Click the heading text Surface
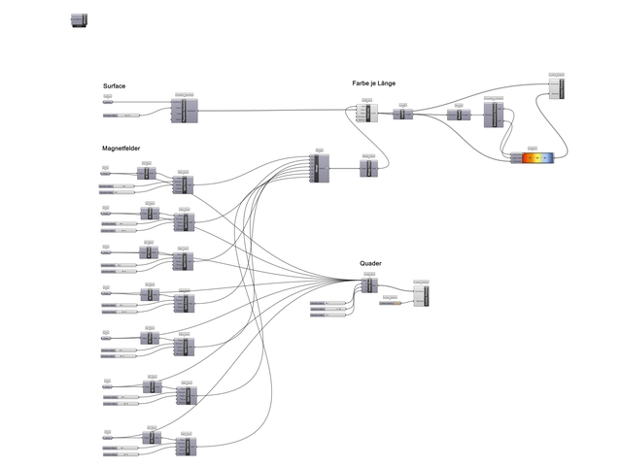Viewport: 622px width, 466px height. pyautogui.click(x=114, y=86)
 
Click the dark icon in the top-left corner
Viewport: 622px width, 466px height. pyautogui.click(x=80, y=20)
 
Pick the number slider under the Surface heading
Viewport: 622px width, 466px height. pyautogui.click(x=121, y=116)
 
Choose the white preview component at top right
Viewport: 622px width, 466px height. pyautogui.click(x=556, y=87)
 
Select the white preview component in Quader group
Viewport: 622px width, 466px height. pyautogui.click(x=420, y=296)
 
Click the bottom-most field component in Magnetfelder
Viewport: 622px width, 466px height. pyautogui.click(x=184, y=444)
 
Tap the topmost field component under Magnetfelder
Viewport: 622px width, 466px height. pyautogui.click(x=183, y=184)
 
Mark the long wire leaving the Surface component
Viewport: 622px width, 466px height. pyautogui.click(x=272, y=111)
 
